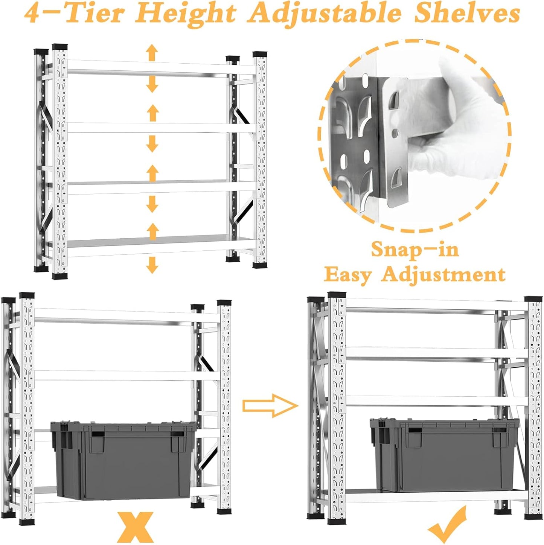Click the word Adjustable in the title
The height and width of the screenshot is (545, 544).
[325, 14]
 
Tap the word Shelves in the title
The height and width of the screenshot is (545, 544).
[467, 14]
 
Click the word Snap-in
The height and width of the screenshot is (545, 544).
[415, 250]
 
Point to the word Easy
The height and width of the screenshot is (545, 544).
[347, 275]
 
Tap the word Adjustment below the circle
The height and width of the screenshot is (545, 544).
[443, 275]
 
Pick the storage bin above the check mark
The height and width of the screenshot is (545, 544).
[444, 455]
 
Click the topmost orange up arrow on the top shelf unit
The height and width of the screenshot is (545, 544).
[152, 52]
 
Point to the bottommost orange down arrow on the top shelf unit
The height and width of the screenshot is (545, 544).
[152, 265]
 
